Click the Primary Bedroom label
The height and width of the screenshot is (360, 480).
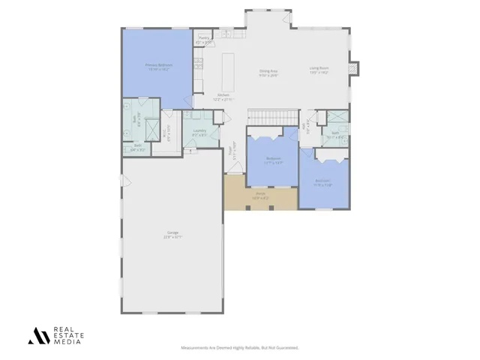tap(158, 67)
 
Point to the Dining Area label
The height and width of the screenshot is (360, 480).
tap(269, 73)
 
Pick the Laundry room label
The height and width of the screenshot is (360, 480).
tap(199, 133)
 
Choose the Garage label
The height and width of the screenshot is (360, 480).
tap(173, 235)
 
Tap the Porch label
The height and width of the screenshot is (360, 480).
tap(260, 196)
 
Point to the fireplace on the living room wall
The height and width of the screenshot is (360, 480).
tap(355, 69)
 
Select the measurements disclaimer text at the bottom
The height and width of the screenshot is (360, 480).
tap(240, 348)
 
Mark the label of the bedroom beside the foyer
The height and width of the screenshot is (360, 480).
tap(274, 160)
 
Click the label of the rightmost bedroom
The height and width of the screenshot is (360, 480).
tap(322, 182)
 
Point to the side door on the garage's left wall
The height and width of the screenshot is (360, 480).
tap(126, 181)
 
